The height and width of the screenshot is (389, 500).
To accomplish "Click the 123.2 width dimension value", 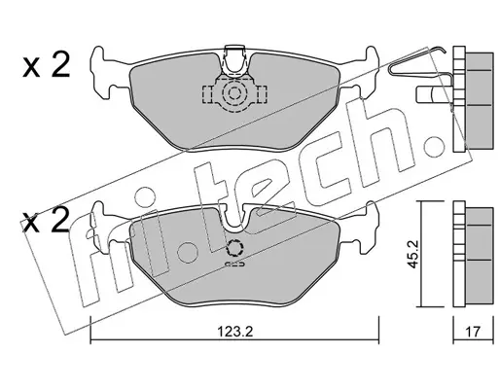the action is coord(234,332).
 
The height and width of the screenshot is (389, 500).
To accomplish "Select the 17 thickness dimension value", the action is coord(473,332).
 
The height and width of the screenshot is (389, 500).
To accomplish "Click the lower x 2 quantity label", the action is coord(46,221).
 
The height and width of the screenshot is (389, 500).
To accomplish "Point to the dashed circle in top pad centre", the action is coord(233,94).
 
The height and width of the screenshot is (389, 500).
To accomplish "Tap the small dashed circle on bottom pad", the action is coord(234,248).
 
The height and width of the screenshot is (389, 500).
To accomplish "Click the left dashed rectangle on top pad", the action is coord(206,94).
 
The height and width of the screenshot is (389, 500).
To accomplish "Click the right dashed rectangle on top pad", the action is coord(263,94).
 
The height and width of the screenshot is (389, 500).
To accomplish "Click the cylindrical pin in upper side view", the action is coord(425,94).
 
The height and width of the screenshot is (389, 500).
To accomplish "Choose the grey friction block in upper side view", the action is coord(480,101).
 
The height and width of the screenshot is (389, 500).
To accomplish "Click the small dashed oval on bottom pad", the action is coord(234,265).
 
